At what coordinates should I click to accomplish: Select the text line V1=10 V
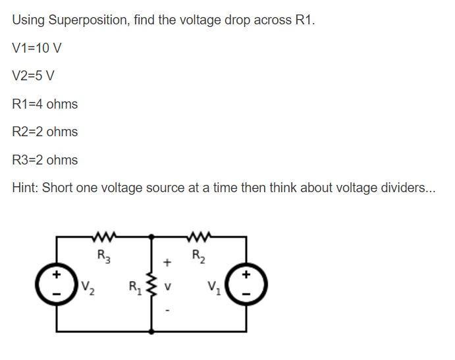coord(37,48)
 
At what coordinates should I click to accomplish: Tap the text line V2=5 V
coord(34,76)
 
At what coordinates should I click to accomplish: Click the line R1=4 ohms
coord(45,104)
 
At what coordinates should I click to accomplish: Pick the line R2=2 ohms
coord(45,132)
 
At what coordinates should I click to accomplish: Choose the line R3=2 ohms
coord(45,160)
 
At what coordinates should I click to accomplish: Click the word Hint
coord(25,188)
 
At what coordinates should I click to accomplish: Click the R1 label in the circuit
coord(135,286)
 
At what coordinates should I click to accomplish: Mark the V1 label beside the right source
coord(213,288)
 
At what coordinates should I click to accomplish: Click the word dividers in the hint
coord(397,188)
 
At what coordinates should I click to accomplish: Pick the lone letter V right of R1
coord(168,286)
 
